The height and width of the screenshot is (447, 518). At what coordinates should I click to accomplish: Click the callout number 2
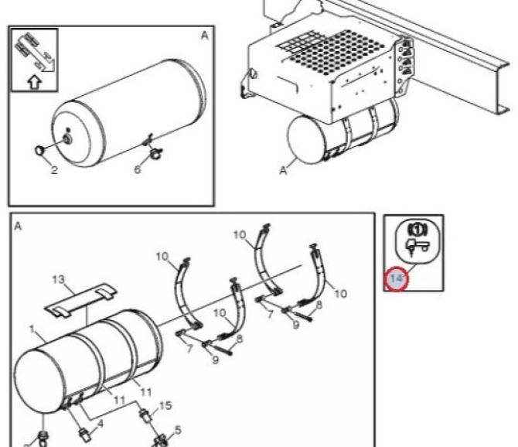[x=54, y=170]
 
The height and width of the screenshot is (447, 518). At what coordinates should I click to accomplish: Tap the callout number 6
[x=138, y=169]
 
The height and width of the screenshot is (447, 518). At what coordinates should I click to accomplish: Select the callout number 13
[x=59, y=279]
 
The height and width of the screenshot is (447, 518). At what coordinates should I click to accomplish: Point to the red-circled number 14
[x=396, y=278]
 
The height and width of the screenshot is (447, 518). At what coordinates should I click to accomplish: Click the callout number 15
[x=166, y=405]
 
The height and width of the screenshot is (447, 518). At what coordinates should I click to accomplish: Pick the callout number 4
[x=100, y=423]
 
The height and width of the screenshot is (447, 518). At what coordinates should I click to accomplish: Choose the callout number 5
[x=178, y=430]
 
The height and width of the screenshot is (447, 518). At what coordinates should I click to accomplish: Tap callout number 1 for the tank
[x=32, y=329]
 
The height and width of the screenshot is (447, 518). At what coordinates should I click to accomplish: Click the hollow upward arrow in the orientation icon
[x=34, y=82]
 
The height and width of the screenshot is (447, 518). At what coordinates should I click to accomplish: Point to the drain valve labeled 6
[x=155, y=152]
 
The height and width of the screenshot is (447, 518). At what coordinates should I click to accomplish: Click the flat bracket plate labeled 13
[x=80, y=299]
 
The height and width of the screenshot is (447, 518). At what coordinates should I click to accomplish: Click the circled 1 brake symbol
[x=417, y=230]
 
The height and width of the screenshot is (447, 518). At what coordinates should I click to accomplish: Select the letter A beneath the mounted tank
[x=284, y=170]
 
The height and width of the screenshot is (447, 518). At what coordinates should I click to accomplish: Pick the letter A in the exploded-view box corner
[x=18, y=227]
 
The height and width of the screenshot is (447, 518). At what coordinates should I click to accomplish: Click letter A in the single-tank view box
[x=205, y=36]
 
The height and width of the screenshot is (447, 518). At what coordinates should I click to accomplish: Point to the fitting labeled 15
[x=146, y=415]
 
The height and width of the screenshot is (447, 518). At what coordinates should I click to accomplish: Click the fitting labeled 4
[x=84, y=434]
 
